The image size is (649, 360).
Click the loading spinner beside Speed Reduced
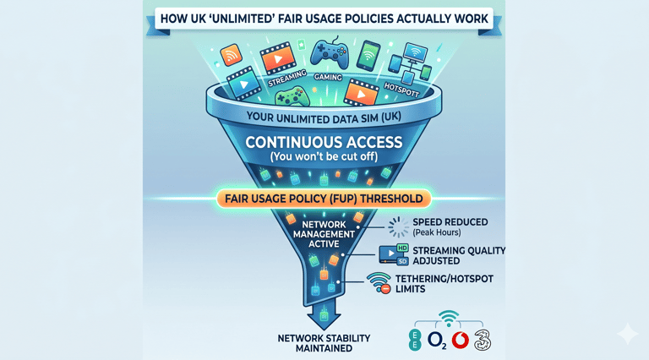[x=398, y=226]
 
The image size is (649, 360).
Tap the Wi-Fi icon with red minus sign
[x=380, y=285]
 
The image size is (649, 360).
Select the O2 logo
[x=438, y=340]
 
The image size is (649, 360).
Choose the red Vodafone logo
[x=461, y=340]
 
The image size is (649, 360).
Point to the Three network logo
[x=482, y=339]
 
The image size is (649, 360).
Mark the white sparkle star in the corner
[x=628, y=335]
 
